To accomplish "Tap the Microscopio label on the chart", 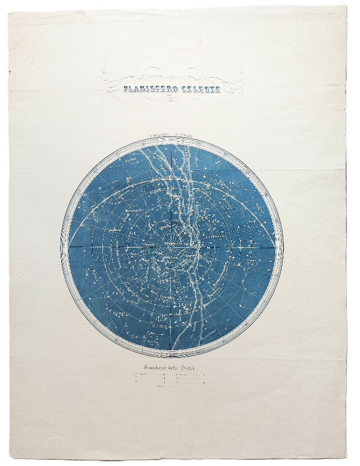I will tap(134, 208).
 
